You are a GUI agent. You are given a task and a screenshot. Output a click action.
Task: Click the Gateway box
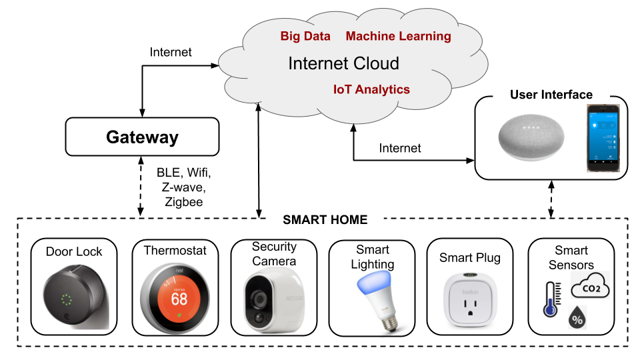pyautogui.click(x=143, y=138)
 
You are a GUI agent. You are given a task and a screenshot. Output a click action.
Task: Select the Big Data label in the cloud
pyautogui.click(x=305, y=37)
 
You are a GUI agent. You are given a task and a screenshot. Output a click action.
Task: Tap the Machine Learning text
pyautogui.click(x=398, y=37)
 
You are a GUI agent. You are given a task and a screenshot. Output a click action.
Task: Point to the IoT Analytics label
pyautogui.click(x=371, y=89)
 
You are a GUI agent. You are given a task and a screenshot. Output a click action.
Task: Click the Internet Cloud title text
pyautogui.click(x=343, y=64)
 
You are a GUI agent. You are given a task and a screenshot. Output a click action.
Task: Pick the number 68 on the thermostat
pyautogui.click(x=179, y=298)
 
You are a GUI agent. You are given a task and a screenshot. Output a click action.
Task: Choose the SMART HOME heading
pyautogui.click(x=325, y=219)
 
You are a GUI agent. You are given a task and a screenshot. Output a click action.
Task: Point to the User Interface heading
pyautogui.click(x=551, y=95)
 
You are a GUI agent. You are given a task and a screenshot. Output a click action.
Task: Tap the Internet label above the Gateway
pyautogui.click(x=171, y=52)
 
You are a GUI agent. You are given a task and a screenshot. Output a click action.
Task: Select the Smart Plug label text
pyautogui.click(x=469, y=257)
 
